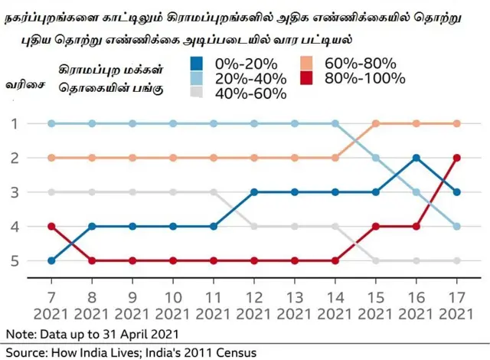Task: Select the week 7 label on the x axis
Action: pyautogui.click(x=51, y=295)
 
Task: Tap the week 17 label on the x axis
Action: pyautogui.click(x=457, y=295)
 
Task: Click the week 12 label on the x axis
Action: pyautogui.click(x=254, y=295)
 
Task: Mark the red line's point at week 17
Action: pyautogui.click(x=457, y=158)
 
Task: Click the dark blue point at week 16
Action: pyautogui.click(x=416, y=158)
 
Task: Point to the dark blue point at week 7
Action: pyautogui.click(x=51, y=261)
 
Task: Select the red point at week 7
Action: pyautogui.click(x=51, y=226)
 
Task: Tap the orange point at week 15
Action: pyautogui.click(x=376, y=123)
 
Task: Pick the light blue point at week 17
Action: pyautogui.click(x=457, y=226)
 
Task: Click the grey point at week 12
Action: pyautogui.click(x=254, y=226)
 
